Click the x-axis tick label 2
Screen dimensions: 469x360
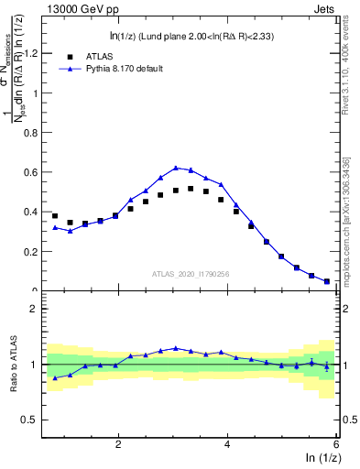pos(118,444)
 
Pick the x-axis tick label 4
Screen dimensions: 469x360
pos(227,444)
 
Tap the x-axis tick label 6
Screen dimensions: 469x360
pos(336,444)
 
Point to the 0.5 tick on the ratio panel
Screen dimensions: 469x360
pos(30,420)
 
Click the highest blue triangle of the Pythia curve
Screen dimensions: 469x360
pos(176,168)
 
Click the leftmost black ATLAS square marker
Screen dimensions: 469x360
pos(55,216)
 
